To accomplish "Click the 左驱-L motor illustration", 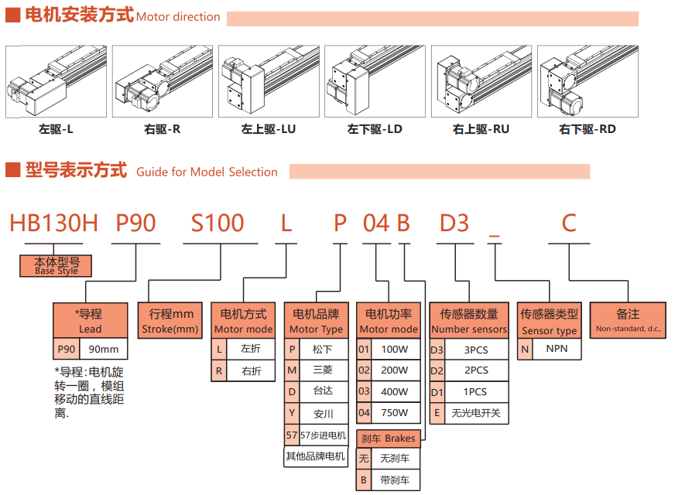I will coord(57,81).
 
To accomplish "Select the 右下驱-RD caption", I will coord(587,130).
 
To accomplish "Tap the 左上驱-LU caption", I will coord(269,130).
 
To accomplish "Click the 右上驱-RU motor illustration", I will coord(481,81).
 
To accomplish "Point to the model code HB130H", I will coord(53,224).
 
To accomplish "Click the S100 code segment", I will coord(218,224).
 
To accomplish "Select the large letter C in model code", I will coord(569,224).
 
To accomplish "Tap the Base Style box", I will coord(57,266).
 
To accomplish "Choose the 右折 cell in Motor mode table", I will coord(251,371).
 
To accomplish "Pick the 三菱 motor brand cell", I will coord(322,370).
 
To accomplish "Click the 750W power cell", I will coord(394,413).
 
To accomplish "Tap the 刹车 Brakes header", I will coord(389,439).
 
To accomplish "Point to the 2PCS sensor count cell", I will coord(476,370).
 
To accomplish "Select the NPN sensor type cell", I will coord(557,349).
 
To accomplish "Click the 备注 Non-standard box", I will coord(628,320).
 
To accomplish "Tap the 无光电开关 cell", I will coord(476,413).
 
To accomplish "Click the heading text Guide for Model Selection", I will coord(207,172).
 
